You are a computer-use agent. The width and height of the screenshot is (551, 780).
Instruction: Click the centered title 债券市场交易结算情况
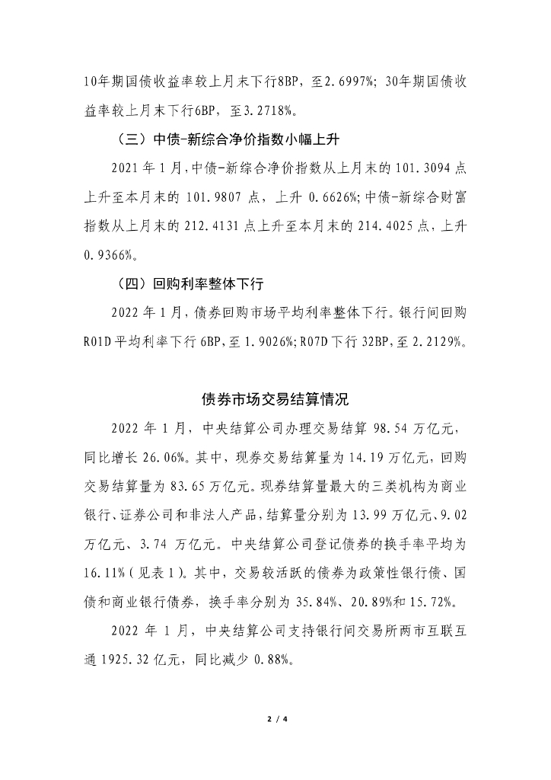pyautogui.click(x=275, y=398)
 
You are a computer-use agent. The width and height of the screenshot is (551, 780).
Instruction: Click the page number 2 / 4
pyautogui.click(x=275, y=718)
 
